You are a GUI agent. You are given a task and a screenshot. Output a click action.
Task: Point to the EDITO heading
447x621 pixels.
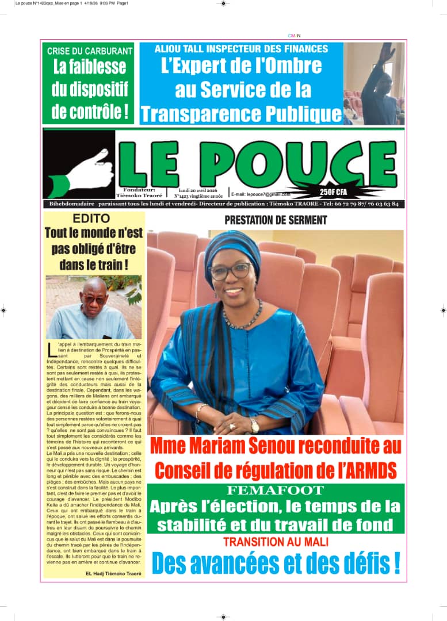pos(91,218)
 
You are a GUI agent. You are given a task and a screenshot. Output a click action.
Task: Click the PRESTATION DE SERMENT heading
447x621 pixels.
pos(276,220)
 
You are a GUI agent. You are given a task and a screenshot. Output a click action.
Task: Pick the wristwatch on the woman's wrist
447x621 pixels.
pos(254,425)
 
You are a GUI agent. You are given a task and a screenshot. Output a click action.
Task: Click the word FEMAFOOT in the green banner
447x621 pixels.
pos(276,490)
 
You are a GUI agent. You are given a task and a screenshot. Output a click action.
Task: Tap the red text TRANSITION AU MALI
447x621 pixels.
pos(276,542)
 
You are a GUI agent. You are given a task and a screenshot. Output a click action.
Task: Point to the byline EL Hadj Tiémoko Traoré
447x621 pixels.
pos(113,573)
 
